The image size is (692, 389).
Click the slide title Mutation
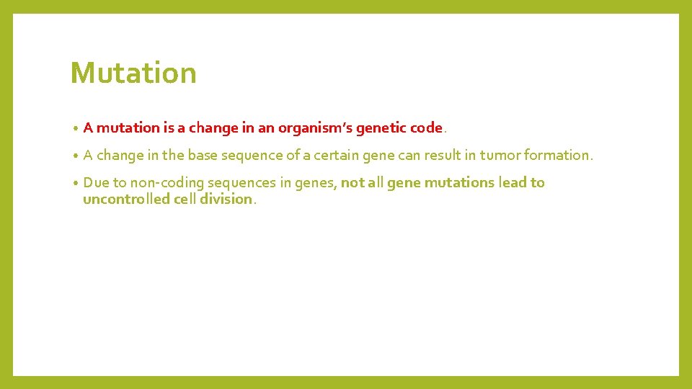pyautogui.click(x=133, y=73)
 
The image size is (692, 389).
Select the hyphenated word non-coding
pyautogui.click(x=167, y=182)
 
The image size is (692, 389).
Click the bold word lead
pyautogui.click(x=513, y=182)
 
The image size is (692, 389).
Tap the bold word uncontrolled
pyautogui.click(x=126, y=200)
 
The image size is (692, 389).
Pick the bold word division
pyautogui.click(x=226, y=200)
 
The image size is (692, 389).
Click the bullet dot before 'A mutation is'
pyautogui.click(x=75, y=129)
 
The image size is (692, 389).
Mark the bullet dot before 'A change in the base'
pyautogui.click(x=75, y=156)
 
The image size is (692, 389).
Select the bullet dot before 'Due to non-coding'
pyautogui.click(x=75, y=183)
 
